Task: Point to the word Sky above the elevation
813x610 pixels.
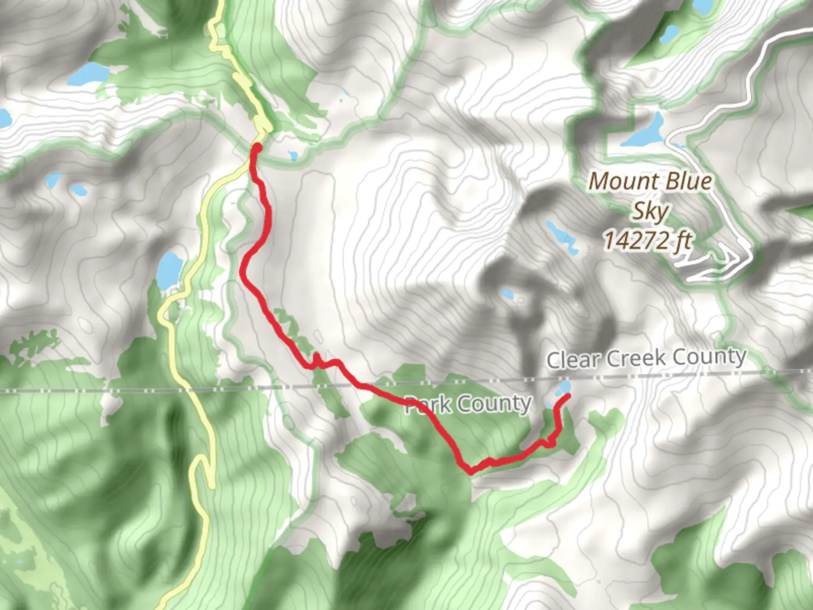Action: click(649, 211)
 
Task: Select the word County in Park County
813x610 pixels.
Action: click(494, 404)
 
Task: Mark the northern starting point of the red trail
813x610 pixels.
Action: click(256, 148)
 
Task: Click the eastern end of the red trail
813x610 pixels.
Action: click(565, 397)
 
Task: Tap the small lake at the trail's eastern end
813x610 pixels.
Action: click(563, 387)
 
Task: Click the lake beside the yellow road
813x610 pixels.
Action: click(169, 270)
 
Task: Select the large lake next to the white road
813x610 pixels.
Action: click(644, 132)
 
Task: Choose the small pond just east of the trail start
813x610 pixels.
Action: click(292, 156)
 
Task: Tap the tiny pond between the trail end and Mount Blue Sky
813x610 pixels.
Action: click(507, 294)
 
